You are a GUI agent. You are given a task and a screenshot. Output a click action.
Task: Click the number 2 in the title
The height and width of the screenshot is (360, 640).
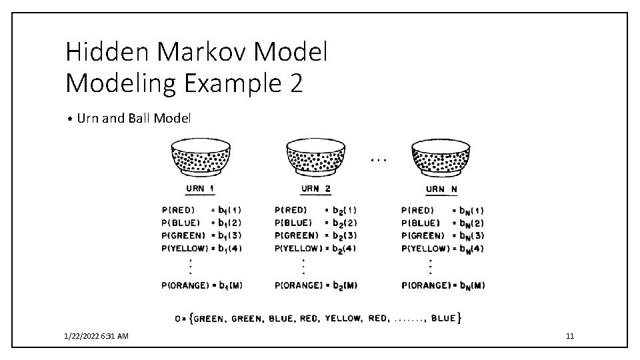(x=295, y=83)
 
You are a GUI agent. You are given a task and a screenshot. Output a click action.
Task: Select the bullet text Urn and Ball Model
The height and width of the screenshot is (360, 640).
(x=134, y=119)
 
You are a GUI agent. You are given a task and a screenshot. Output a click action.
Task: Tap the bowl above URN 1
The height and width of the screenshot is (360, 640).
(x=201, y=157)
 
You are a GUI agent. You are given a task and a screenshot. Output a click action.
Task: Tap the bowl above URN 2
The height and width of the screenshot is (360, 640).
(x=315, y=157)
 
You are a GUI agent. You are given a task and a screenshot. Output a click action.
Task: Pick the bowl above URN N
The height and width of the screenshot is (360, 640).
(x=442, y=157)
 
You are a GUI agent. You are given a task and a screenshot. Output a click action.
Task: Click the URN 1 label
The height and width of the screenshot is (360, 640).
(x=199, y=189)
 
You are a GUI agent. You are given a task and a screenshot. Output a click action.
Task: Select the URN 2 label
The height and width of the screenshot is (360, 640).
(x=315, y=189)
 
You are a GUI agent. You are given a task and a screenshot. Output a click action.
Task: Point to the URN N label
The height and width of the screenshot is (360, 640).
(x=441, y=189)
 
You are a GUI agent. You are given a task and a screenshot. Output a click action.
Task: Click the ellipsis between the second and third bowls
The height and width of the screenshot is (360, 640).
(x=378, y=161)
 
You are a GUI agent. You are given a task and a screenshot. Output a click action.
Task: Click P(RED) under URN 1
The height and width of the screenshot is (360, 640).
(x=179, y=211)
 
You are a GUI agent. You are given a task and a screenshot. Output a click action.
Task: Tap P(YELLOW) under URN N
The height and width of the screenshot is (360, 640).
(x=423, y=249)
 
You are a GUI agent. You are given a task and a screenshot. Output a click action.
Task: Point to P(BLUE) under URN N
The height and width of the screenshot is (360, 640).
(x=421, y=223)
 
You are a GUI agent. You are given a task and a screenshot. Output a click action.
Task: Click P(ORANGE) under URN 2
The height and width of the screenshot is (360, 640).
(x=298, y=285)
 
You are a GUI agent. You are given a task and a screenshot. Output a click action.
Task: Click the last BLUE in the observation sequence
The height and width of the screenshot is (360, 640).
(x=443, y=319)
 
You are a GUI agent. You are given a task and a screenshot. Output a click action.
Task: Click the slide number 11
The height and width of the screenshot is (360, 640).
(x=569, y=336)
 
